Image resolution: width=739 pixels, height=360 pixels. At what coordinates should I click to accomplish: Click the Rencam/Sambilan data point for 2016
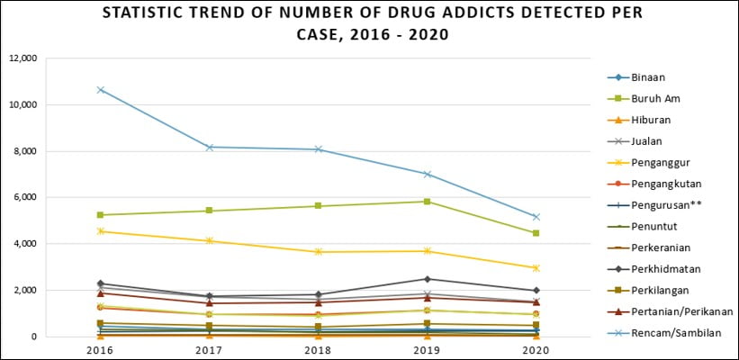coord(101,90)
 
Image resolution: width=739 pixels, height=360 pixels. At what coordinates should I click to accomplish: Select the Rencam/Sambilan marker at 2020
coord(536,217)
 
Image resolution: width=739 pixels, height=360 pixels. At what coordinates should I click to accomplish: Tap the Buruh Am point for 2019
coord(427,202)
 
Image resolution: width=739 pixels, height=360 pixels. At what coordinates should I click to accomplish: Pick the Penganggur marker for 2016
coord(101,231)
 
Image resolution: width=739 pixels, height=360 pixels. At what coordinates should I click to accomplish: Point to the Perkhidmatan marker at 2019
coord(427,279)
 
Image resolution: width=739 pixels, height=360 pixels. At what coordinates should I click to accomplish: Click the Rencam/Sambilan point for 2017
coord(210,147)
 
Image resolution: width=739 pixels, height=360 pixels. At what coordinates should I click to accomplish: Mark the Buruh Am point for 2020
coord(536,233)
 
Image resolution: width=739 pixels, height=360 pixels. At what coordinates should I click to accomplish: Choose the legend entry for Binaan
coord(648,77)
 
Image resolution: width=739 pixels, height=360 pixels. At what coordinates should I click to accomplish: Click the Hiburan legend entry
coord(650,120)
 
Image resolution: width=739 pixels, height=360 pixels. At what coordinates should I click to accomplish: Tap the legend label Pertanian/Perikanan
coord(680,311)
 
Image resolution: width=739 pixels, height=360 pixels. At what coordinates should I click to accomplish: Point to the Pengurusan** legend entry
coord(664,204)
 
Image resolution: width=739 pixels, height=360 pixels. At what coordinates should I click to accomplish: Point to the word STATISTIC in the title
coord(147,13)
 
